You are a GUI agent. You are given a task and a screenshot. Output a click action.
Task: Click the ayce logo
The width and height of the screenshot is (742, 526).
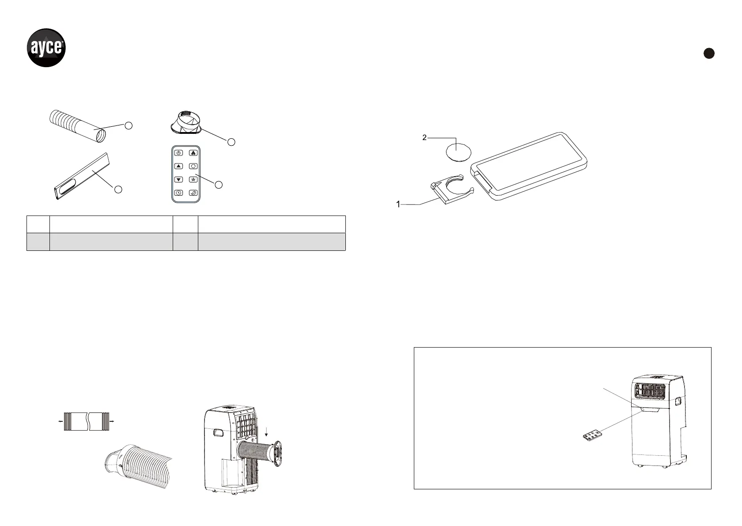tap(47, 48)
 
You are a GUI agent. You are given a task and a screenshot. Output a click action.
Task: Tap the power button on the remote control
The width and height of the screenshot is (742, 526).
tap(178, 153)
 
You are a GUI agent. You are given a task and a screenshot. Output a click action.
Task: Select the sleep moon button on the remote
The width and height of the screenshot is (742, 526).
tap(193, 193)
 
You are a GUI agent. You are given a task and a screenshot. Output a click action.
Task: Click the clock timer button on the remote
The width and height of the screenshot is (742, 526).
tap(178, 193)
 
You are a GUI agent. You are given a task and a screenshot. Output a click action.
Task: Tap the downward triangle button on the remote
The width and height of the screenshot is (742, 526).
tap(178, 179)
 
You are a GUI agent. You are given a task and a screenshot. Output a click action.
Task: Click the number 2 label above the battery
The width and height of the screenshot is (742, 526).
tap(424, 138)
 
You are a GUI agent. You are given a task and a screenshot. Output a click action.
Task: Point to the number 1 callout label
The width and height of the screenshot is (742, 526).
tap(398, 204)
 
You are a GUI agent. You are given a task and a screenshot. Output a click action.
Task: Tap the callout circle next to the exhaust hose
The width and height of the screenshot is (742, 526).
tap(128, 125)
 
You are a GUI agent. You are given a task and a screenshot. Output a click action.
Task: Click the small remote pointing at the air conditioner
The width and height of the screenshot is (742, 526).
tap(590, 436)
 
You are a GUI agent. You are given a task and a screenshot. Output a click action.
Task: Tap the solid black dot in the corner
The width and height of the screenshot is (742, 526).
tap(709, 53)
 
